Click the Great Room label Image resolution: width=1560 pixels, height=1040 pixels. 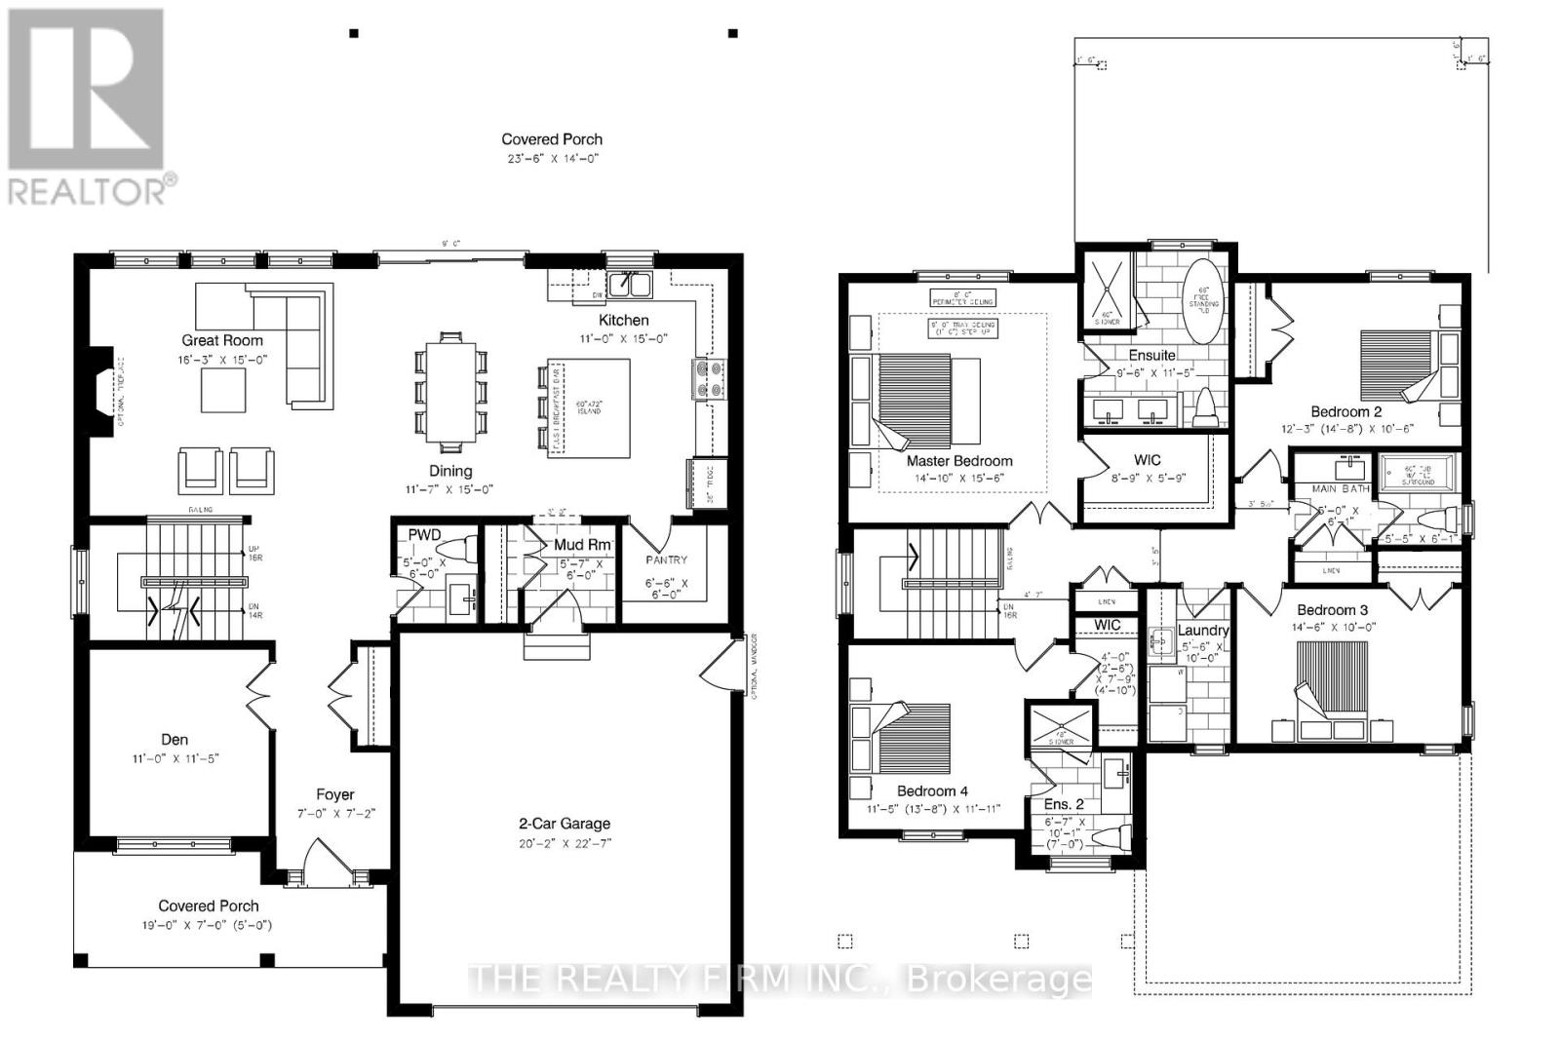[x=222, y=340]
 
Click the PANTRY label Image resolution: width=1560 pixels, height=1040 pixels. [x=666, y=560]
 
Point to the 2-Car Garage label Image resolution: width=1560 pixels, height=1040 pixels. [x=565, y=824]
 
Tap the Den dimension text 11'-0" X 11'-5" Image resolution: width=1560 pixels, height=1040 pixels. [x=175, y=757]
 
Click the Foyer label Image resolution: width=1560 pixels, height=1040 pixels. [x=334, y=794]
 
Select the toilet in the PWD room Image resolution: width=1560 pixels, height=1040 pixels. [x=456, y=549]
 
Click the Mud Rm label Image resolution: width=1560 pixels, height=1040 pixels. [x=582, y=545]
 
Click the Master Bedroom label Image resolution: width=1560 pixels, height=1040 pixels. [x=959, y=461]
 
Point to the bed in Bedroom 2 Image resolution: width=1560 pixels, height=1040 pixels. [x=1397, y=365]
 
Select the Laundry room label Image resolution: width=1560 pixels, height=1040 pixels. [x=1203, y=631]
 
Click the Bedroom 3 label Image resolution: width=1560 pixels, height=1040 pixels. [x=1332, y=610]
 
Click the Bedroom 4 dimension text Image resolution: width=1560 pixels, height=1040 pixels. [x=933, y=808]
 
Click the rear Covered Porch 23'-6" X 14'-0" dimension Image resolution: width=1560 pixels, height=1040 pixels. [x=552, y=158]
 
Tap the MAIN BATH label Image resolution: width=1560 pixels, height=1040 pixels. [x=1340, y=488]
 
